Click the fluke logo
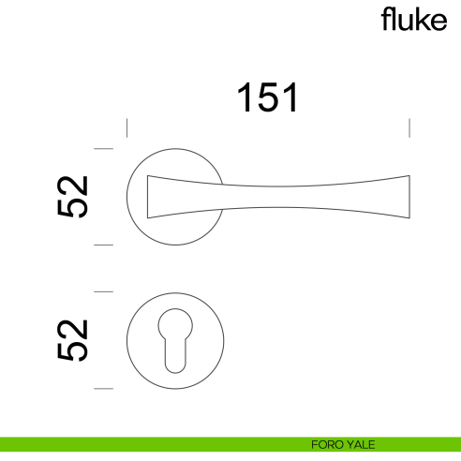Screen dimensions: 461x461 (x=413, y=21)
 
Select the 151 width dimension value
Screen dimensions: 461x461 (x=268, y=98)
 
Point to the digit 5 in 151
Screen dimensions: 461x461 (x=268, y=98)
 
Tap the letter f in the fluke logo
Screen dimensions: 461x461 (x=385, y=20)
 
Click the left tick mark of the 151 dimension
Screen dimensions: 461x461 (x=127, y=128)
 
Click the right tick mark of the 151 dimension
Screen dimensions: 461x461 (x=409, y=128)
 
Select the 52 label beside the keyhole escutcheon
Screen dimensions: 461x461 (x=72, y=340)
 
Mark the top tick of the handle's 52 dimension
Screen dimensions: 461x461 (x=104, y=149)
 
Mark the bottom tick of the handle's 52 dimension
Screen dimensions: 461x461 (x=104, y=245)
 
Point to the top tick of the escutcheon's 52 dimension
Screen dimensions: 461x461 (x=104, y=292)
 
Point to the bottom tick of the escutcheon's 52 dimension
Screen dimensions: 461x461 (x=104, y=388)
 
